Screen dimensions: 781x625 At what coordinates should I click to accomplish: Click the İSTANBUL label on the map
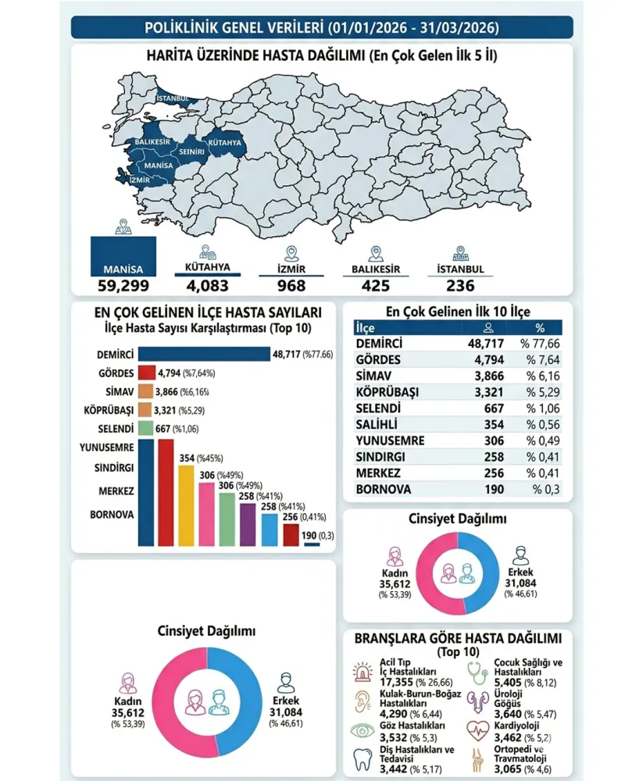point(172,98)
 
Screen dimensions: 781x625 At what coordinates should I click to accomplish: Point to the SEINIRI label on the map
point(191,149)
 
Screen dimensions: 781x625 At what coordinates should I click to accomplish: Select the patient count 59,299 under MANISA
point(123,285)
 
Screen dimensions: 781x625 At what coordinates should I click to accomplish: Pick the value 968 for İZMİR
point(291,285)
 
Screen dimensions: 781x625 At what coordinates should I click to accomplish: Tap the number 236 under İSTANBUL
point(460,285)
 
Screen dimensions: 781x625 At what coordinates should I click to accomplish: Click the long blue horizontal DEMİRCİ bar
point(203,354)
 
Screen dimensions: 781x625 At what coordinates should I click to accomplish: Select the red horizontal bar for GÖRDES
point(146,373)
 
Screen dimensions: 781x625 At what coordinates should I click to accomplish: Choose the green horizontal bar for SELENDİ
point(145,428)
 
